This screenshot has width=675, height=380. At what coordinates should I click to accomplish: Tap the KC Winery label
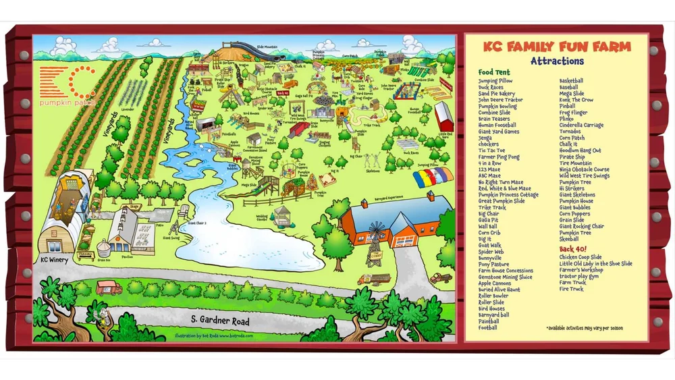[53, 259]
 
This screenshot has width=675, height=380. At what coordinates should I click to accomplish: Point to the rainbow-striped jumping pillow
[433, 177]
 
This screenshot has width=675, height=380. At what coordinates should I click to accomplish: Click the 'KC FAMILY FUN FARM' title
[557, 47]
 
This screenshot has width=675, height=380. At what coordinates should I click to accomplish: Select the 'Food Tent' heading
[495, 72]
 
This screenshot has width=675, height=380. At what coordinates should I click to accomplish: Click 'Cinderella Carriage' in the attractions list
[582, 125]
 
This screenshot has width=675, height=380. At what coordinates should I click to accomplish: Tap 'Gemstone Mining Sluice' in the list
[506, 277]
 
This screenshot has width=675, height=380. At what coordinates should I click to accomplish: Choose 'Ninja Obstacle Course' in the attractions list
[585, 169]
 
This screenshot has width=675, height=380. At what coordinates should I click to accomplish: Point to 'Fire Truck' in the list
[571, 289]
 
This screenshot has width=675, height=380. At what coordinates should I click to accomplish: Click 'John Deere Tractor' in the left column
[501, 99]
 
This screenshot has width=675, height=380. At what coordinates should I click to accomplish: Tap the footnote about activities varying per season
[585, 328]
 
